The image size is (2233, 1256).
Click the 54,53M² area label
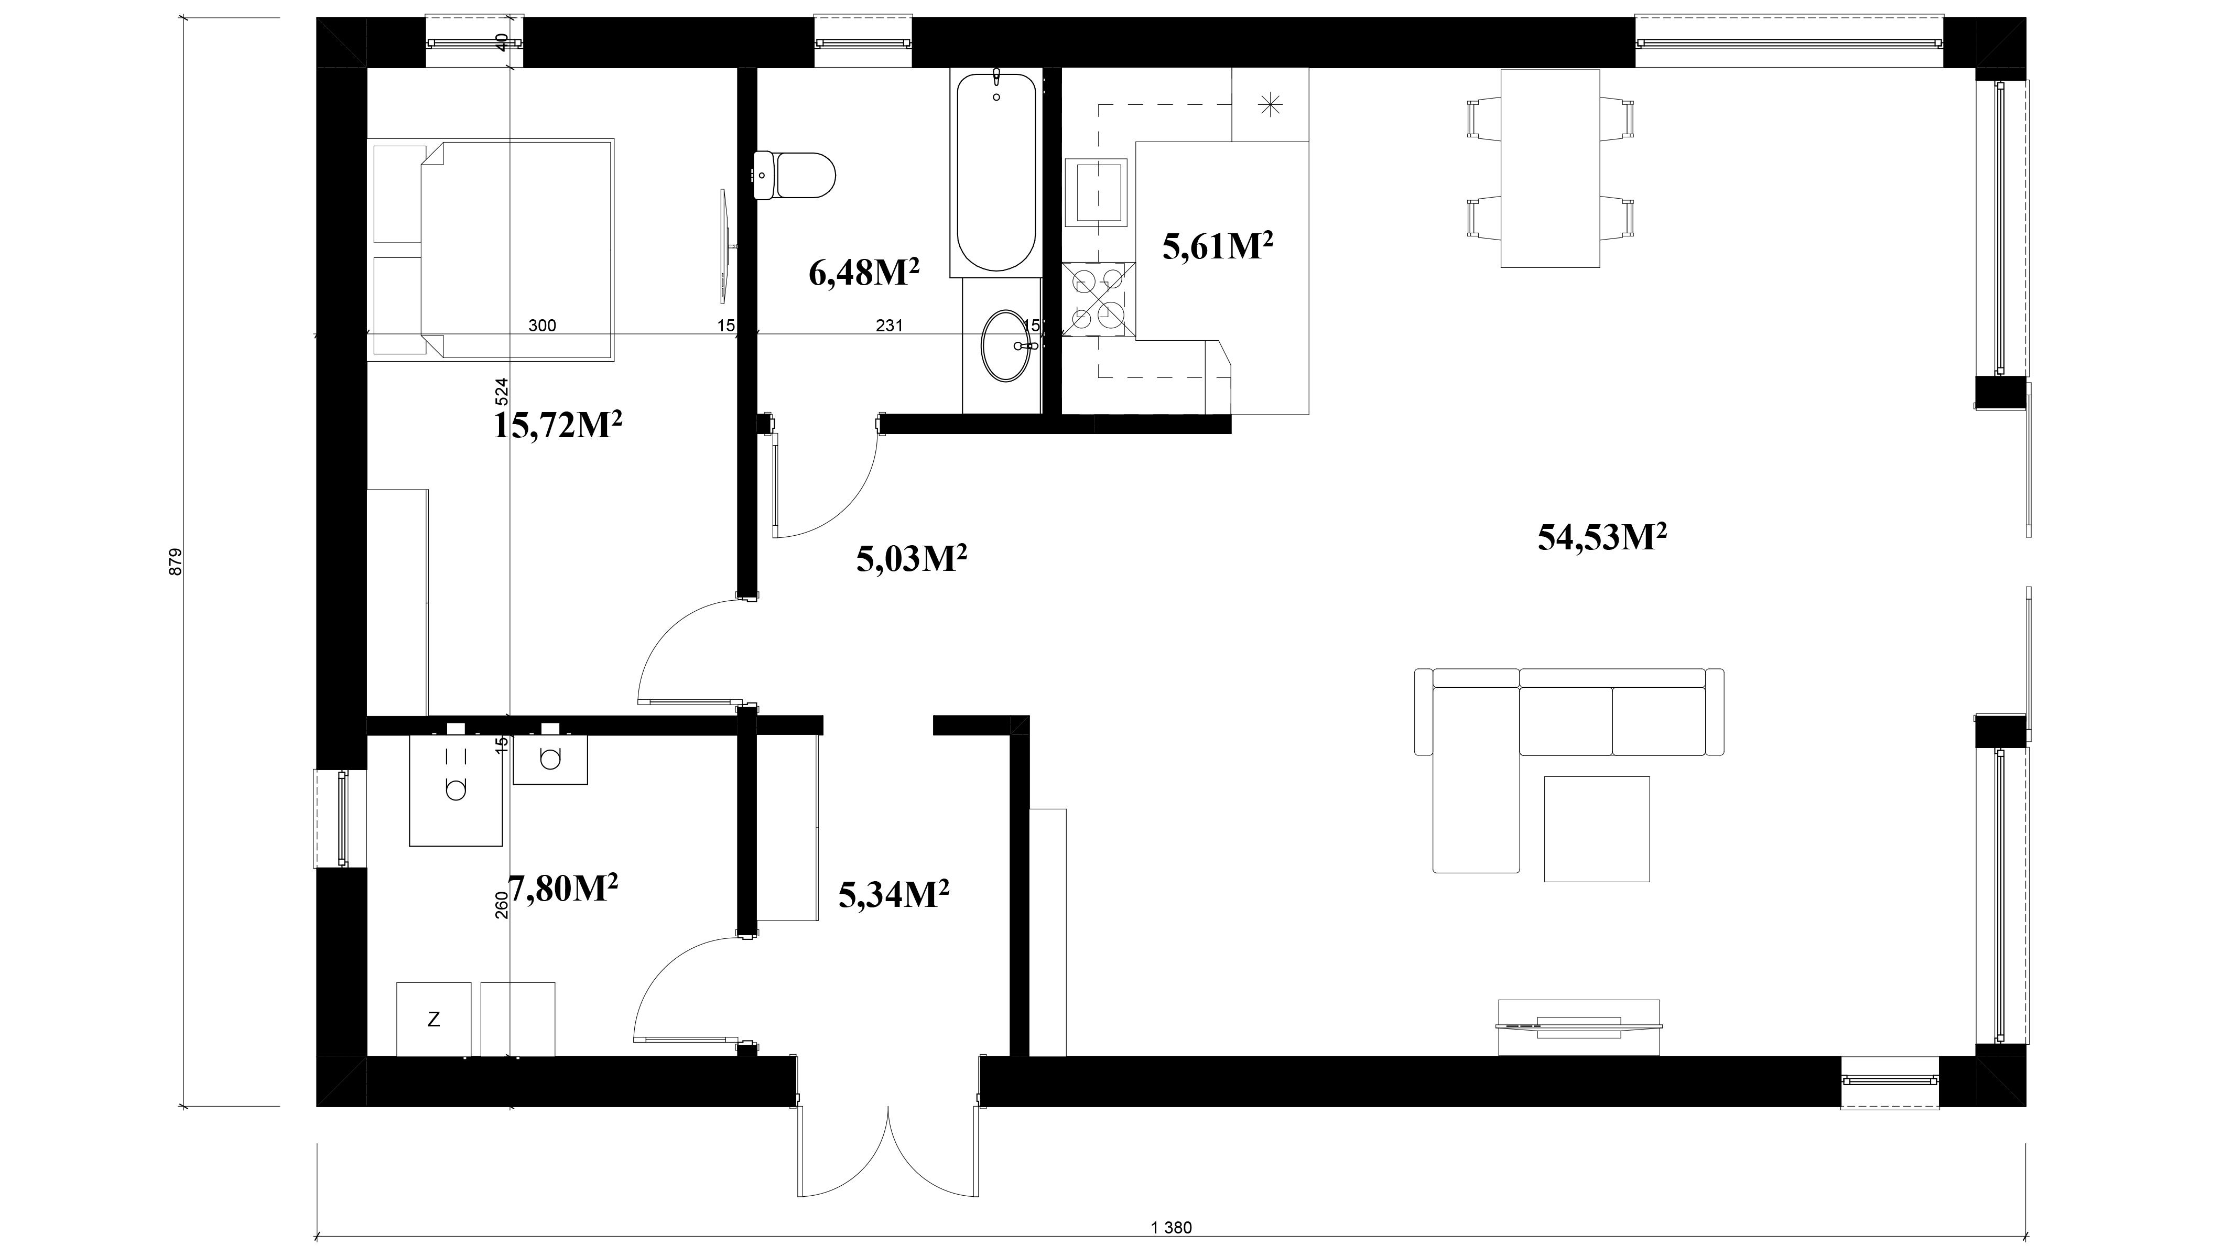[x=1603, y=537]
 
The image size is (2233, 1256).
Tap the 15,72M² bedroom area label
[x=558, y=425]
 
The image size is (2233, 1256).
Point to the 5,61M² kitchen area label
[x=1217, y=246]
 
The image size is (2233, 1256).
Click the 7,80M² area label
[x=563, y=887]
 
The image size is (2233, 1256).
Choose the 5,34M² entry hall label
[x=894, y=894]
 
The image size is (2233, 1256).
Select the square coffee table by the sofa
[x=1597, y=829]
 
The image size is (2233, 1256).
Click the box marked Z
[x=433, y=1020]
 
